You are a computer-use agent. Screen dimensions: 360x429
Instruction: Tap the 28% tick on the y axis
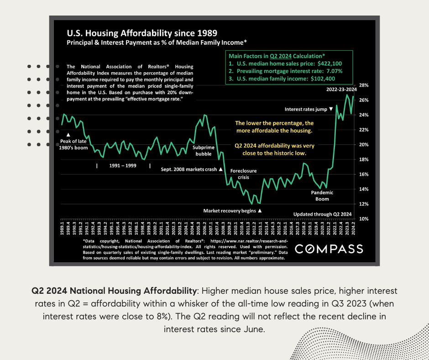tap(364, 85)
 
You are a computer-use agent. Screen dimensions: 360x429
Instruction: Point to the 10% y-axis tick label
tap(364, 219)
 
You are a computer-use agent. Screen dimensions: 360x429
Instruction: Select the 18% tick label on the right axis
tap(364, 159)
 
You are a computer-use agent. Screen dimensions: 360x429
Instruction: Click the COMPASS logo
tap(330, 249)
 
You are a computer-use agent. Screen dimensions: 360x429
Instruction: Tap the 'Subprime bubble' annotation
tap(204, 151)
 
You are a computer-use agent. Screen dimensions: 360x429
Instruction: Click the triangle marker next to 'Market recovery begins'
tap(260, 211)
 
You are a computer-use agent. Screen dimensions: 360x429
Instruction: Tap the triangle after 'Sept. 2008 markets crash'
tap(220, 169)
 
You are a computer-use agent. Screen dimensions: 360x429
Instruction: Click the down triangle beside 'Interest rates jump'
tap(331, 110)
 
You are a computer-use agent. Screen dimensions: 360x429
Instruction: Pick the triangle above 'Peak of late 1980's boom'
tap(68, 134)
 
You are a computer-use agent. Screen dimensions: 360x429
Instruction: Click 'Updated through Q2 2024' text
tap(323, 214)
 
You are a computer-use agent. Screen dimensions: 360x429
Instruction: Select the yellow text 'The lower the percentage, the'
tap(274, 123)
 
